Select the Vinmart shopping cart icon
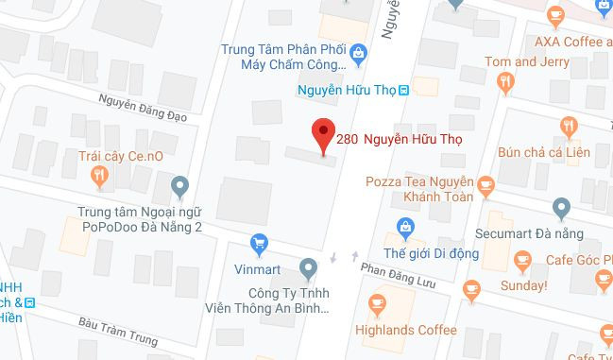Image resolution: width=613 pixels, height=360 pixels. tap(258, 244)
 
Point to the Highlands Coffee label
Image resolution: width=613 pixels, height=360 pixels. tap(406, 330)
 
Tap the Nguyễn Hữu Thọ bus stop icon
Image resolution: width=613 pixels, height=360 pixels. tap(404, 91)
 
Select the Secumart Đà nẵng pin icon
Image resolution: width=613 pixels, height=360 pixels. tap(561, 207)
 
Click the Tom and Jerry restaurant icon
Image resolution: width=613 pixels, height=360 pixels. tap(506, 83)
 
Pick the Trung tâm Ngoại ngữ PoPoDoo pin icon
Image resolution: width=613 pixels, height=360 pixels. tap(182, 186)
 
